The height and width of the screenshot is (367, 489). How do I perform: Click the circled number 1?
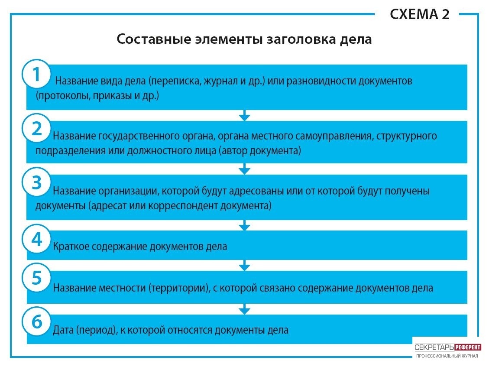tap(36, 74)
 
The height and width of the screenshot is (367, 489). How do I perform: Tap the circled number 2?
tap(36, 128)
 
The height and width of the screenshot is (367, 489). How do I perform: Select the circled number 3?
tap(36, 182)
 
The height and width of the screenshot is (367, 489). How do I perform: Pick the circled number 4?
tap(36, 239)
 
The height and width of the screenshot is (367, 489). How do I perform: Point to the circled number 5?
tap(36, 277)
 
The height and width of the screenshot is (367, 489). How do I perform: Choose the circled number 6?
tap(36, 321)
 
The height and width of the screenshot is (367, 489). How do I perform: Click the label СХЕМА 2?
tap(419, 14)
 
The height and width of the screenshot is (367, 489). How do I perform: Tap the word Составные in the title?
tap(154, 39)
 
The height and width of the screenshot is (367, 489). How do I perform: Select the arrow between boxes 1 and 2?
tap(244, 115)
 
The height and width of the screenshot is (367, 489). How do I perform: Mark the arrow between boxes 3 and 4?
tap(244, 225)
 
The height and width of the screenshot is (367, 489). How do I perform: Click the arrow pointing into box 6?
tap(244, 309)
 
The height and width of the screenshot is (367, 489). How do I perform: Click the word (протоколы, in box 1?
tap(63, 96)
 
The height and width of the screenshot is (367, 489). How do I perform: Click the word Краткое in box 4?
tap(71, 247)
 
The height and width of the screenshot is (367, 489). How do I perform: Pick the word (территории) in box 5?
tap(179, 288)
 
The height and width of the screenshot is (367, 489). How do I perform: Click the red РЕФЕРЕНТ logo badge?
tap(468, 348)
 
